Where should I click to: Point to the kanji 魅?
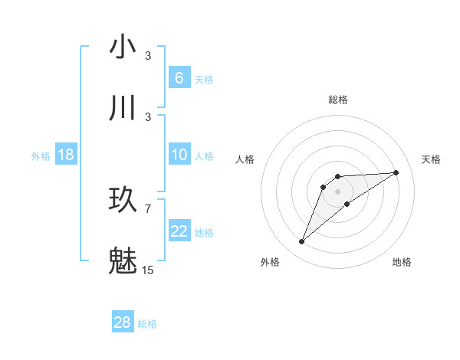click(123, 261)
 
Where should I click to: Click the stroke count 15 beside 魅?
click(148, 270)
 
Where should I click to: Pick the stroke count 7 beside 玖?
click(148, 208)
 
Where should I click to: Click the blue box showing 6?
click(179, 78)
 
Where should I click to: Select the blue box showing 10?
click(179, 155)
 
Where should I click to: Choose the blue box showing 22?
click(179, 231)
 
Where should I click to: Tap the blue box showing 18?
click(66, 155)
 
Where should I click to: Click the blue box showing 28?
click(122, 322)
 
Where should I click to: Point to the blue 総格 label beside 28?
click(147, 324)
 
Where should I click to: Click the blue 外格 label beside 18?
click(41, 156)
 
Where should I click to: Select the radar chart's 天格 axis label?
click(432, 159)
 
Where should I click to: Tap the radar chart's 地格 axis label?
click(402, 262)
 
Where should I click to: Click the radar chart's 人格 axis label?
click(245, 159)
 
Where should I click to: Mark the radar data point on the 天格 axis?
click(396, 172)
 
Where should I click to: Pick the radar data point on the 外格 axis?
click(301, 242)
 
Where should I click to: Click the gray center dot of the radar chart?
click(337, 191)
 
